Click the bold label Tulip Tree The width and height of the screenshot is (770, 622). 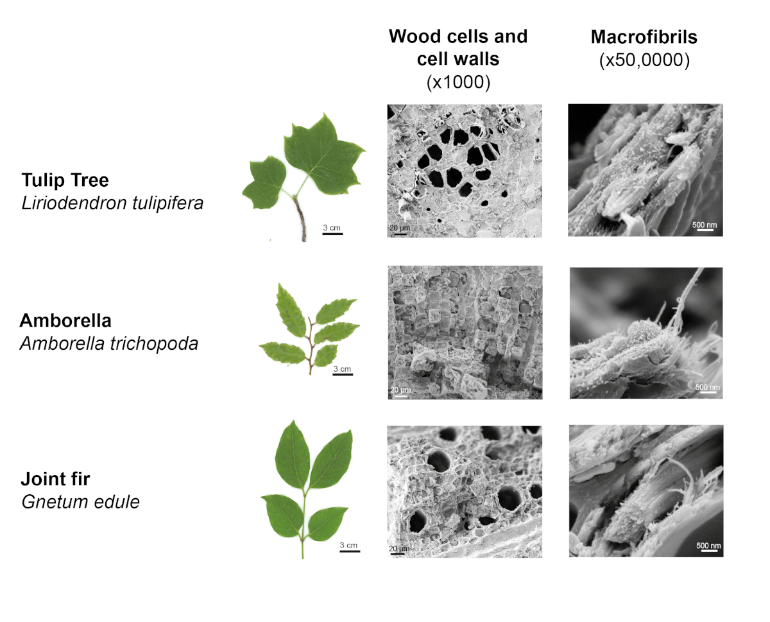65,180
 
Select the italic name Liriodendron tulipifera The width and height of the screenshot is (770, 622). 112,203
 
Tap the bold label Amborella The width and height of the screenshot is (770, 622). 65,320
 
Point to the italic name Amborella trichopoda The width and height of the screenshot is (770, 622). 109,343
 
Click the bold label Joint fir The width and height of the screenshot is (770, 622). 55,479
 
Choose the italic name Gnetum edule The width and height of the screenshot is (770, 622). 81,502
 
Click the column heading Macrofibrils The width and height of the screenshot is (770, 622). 644,37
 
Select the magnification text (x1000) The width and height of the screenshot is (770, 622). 458,82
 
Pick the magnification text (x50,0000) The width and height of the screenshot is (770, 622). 644,60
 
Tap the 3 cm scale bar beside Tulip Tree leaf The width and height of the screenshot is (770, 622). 332,234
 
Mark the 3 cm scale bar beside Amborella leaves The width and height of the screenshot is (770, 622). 343,374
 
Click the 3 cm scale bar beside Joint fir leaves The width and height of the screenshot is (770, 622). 350,551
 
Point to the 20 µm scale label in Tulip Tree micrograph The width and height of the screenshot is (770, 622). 400,228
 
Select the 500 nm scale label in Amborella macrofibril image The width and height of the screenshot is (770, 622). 708,387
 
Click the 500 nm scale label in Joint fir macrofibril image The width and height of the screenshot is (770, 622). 708,546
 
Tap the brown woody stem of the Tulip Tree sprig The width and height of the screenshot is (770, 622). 300,219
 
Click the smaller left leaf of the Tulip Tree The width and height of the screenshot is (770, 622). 264,183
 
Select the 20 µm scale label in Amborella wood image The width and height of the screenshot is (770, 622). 400,390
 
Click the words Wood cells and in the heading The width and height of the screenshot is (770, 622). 458,36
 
